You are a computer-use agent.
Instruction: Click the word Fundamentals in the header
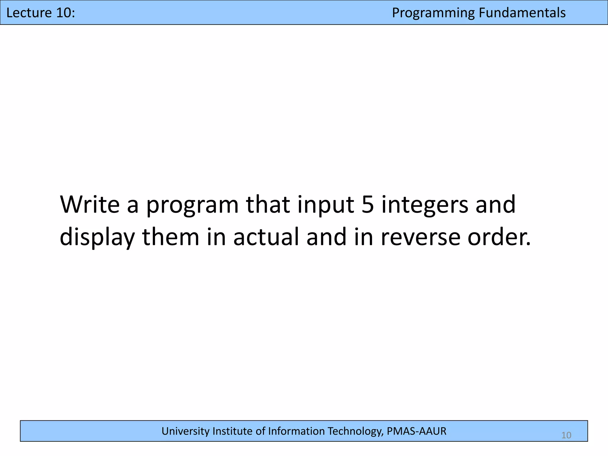pos(522,13)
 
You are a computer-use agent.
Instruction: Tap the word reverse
pos(420,237)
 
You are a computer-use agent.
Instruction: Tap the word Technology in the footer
pos(354,431)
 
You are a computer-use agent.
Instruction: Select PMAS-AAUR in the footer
pos(417,431)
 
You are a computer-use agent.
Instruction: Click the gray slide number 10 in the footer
pos(566,435)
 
